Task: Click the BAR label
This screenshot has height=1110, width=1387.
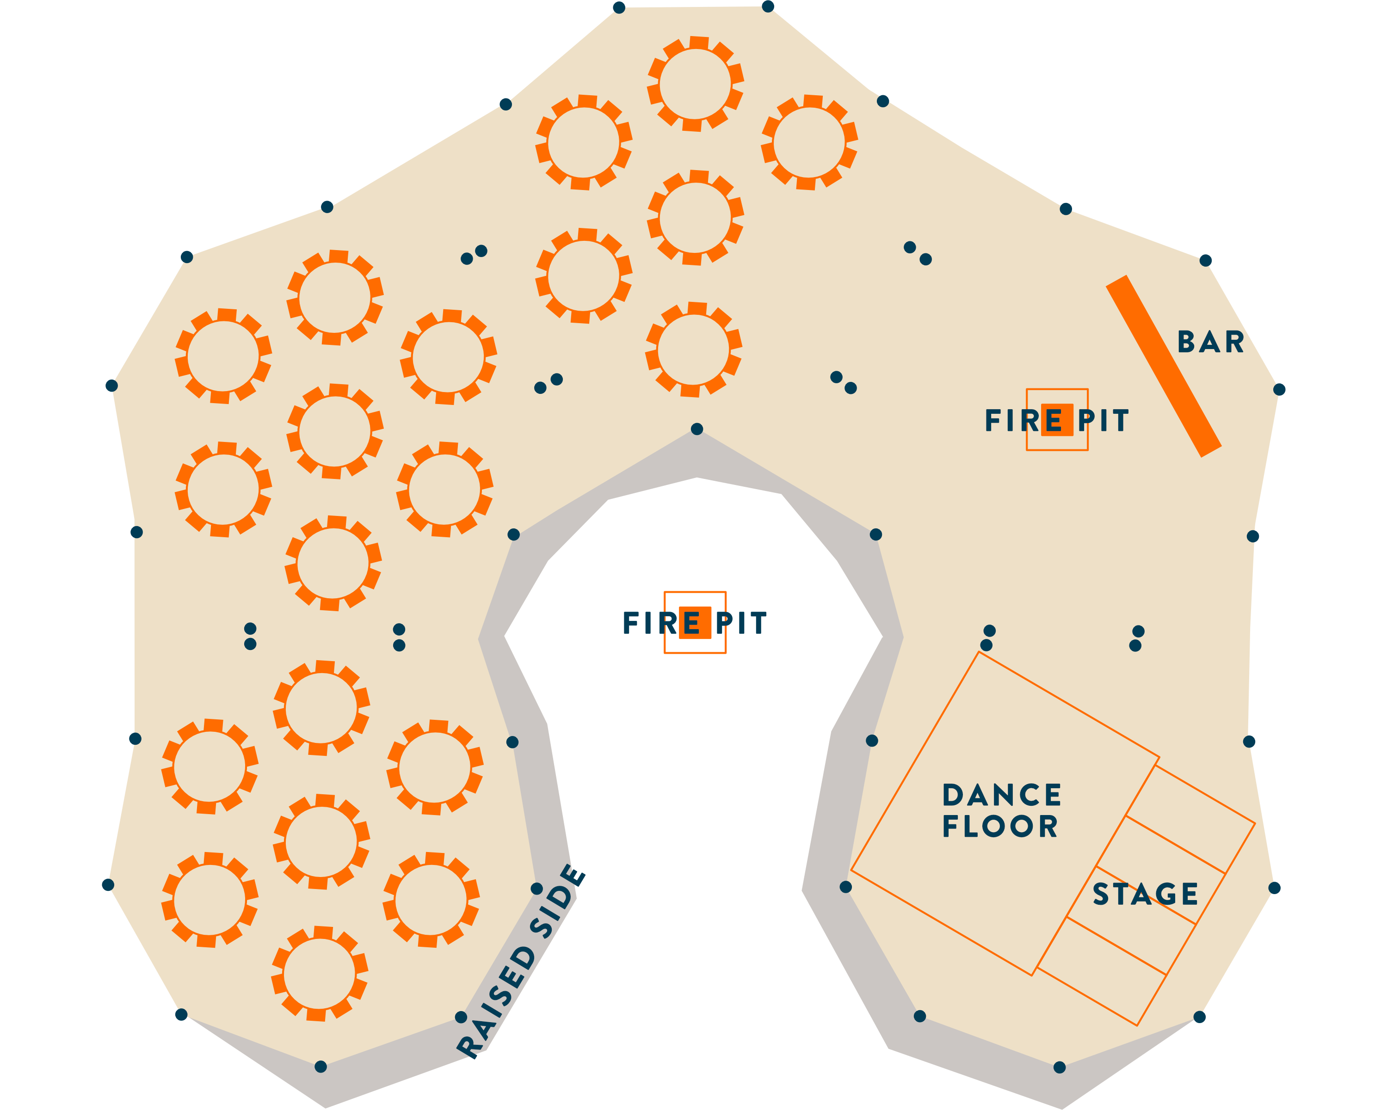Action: (1210, 342)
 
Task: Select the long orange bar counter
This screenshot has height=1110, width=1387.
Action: (1163, 367)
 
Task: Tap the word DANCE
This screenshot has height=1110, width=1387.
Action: (1002, 796)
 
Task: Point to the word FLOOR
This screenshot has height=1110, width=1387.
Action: (1000, 827)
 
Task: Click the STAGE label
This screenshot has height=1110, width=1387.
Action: (1145, 895)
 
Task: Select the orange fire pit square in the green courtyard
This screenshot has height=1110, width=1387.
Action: (695, 623)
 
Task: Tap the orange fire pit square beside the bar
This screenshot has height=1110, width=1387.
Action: (1057, 420)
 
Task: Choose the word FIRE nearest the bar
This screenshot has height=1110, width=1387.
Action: (1013, 421)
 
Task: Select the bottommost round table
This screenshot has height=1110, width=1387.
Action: (319, 974)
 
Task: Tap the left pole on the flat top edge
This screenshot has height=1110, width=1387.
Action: (619, 8)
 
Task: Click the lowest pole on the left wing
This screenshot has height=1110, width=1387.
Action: (321, 1067)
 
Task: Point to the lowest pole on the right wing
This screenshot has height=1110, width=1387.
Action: (1060, 1067)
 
